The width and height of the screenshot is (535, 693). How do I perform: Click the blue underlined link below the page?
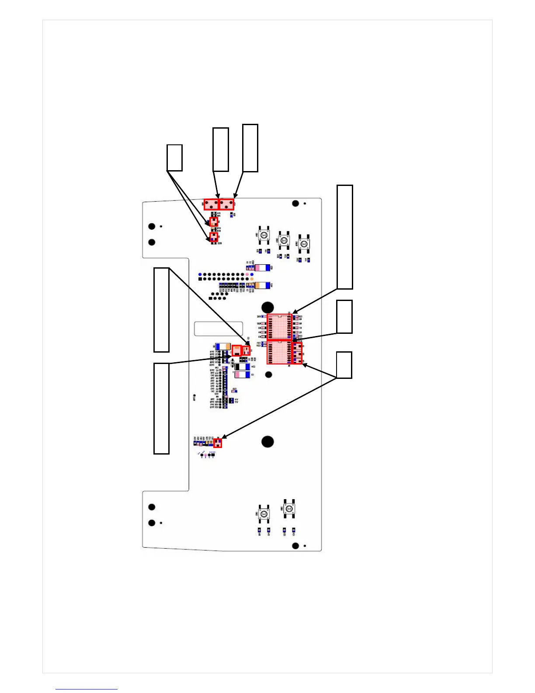tap(86, 689)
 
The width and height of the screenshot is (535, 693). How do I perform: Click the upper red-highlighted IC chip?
tap(279, 326)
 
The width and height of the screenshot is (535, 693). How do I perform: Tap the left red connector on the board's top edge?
tap(211, 204)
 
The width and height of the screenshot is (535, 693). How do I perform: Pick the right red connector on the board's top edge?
tap(226, 204)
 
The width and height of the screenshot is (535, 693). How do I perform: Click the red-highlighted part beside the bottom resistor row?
tap(218, 443)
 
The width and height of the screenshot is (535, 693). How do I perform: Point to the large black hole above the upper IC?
tap(267, 307)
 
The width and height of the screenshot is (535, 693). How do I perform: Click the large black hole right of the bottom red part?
tap(267, 441)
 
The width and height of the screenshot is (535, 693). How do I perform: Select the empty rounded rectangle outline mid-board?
tap(218, 329)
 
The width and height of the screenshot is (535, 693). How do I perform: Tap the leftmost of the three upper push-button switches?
tap(264, 235)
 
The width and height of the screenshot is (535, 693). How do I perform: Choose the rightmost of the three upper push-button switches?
tap(304, 243)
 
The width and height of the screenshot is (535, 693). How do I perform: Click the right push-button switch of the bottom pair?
tap(288, 509)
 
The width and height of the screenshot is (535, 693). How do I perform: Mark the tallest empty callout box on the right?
tap(344, 237)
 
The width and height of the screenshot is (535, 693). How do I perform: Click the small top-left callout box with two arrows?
tap(174, 157)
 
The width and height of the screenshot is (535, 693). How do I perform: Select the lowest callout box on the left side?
tap(161, 408)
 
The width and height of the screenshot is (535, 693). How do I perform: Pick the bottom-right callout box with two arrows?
tap(344, 365)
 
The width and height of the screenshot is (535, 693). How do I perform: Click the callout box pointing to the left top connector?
tap(220, 149)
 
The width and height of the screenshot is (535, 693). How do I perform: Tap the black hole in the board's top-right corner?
tap(295, 203)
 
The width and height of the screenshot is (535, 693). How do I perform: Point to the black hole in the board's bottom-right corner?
tap(295, 546)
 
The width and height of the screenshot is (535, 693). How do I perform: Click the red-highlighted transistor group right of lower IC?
tap(297, 353)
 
